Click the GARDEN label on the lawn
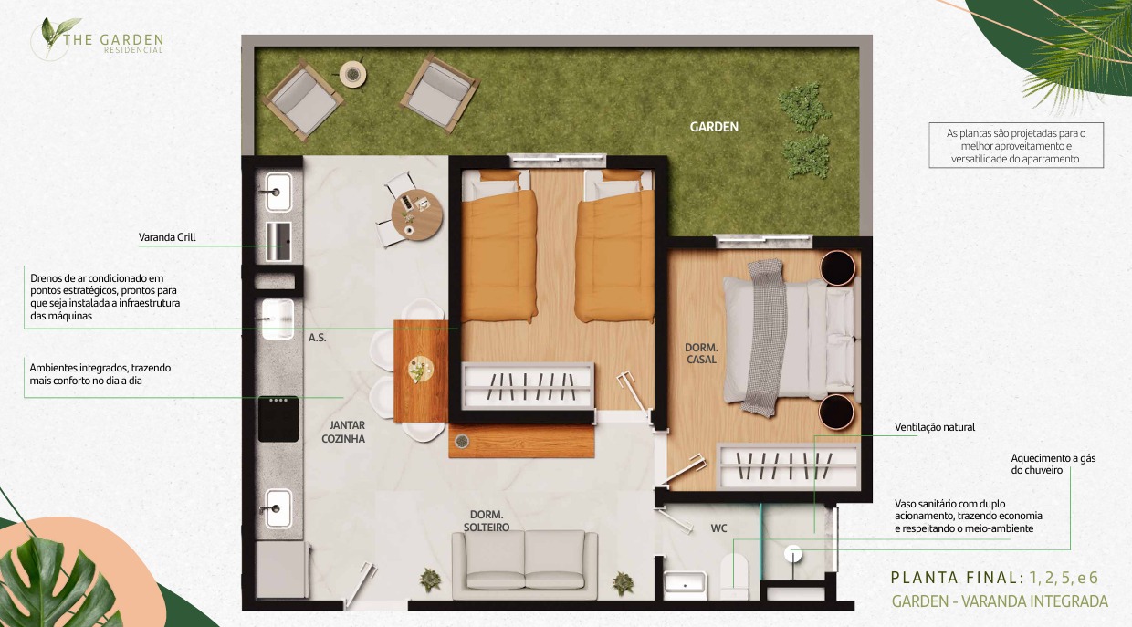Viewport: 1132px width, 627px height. click(714, 127)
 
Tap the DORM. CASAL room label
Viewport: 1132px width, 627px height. click(701, 354)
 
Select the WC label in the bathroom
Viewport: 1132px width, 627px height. click(718, 528)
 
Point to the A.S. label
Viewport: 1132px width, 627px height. click(318, 338)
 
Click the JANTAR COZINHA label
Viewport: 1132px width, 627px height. click(343, 432)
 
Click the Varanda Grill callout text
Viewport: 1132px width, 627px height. click(167, 237)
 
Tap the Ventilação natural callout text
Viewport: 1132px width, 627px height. click(935, 427)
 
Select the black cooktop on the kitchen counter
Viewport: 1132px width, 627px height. click(278, 419)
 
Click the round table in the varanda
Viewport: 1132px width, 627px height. click(417, 214)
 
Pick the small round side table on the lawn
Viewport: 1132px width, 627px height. click(352, 74)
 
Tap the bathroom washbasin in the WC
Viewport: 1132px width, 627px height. click(685, 581)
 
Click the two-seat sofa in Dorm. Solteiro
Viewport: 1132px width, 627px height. click(525, 565)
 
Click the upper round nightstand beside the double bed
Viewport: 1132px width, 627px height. click(837, 267)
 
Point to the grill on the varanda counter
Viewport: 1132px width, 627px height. click(279, 242)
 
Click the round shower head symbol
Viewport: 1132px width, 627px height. click(793, 554)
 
